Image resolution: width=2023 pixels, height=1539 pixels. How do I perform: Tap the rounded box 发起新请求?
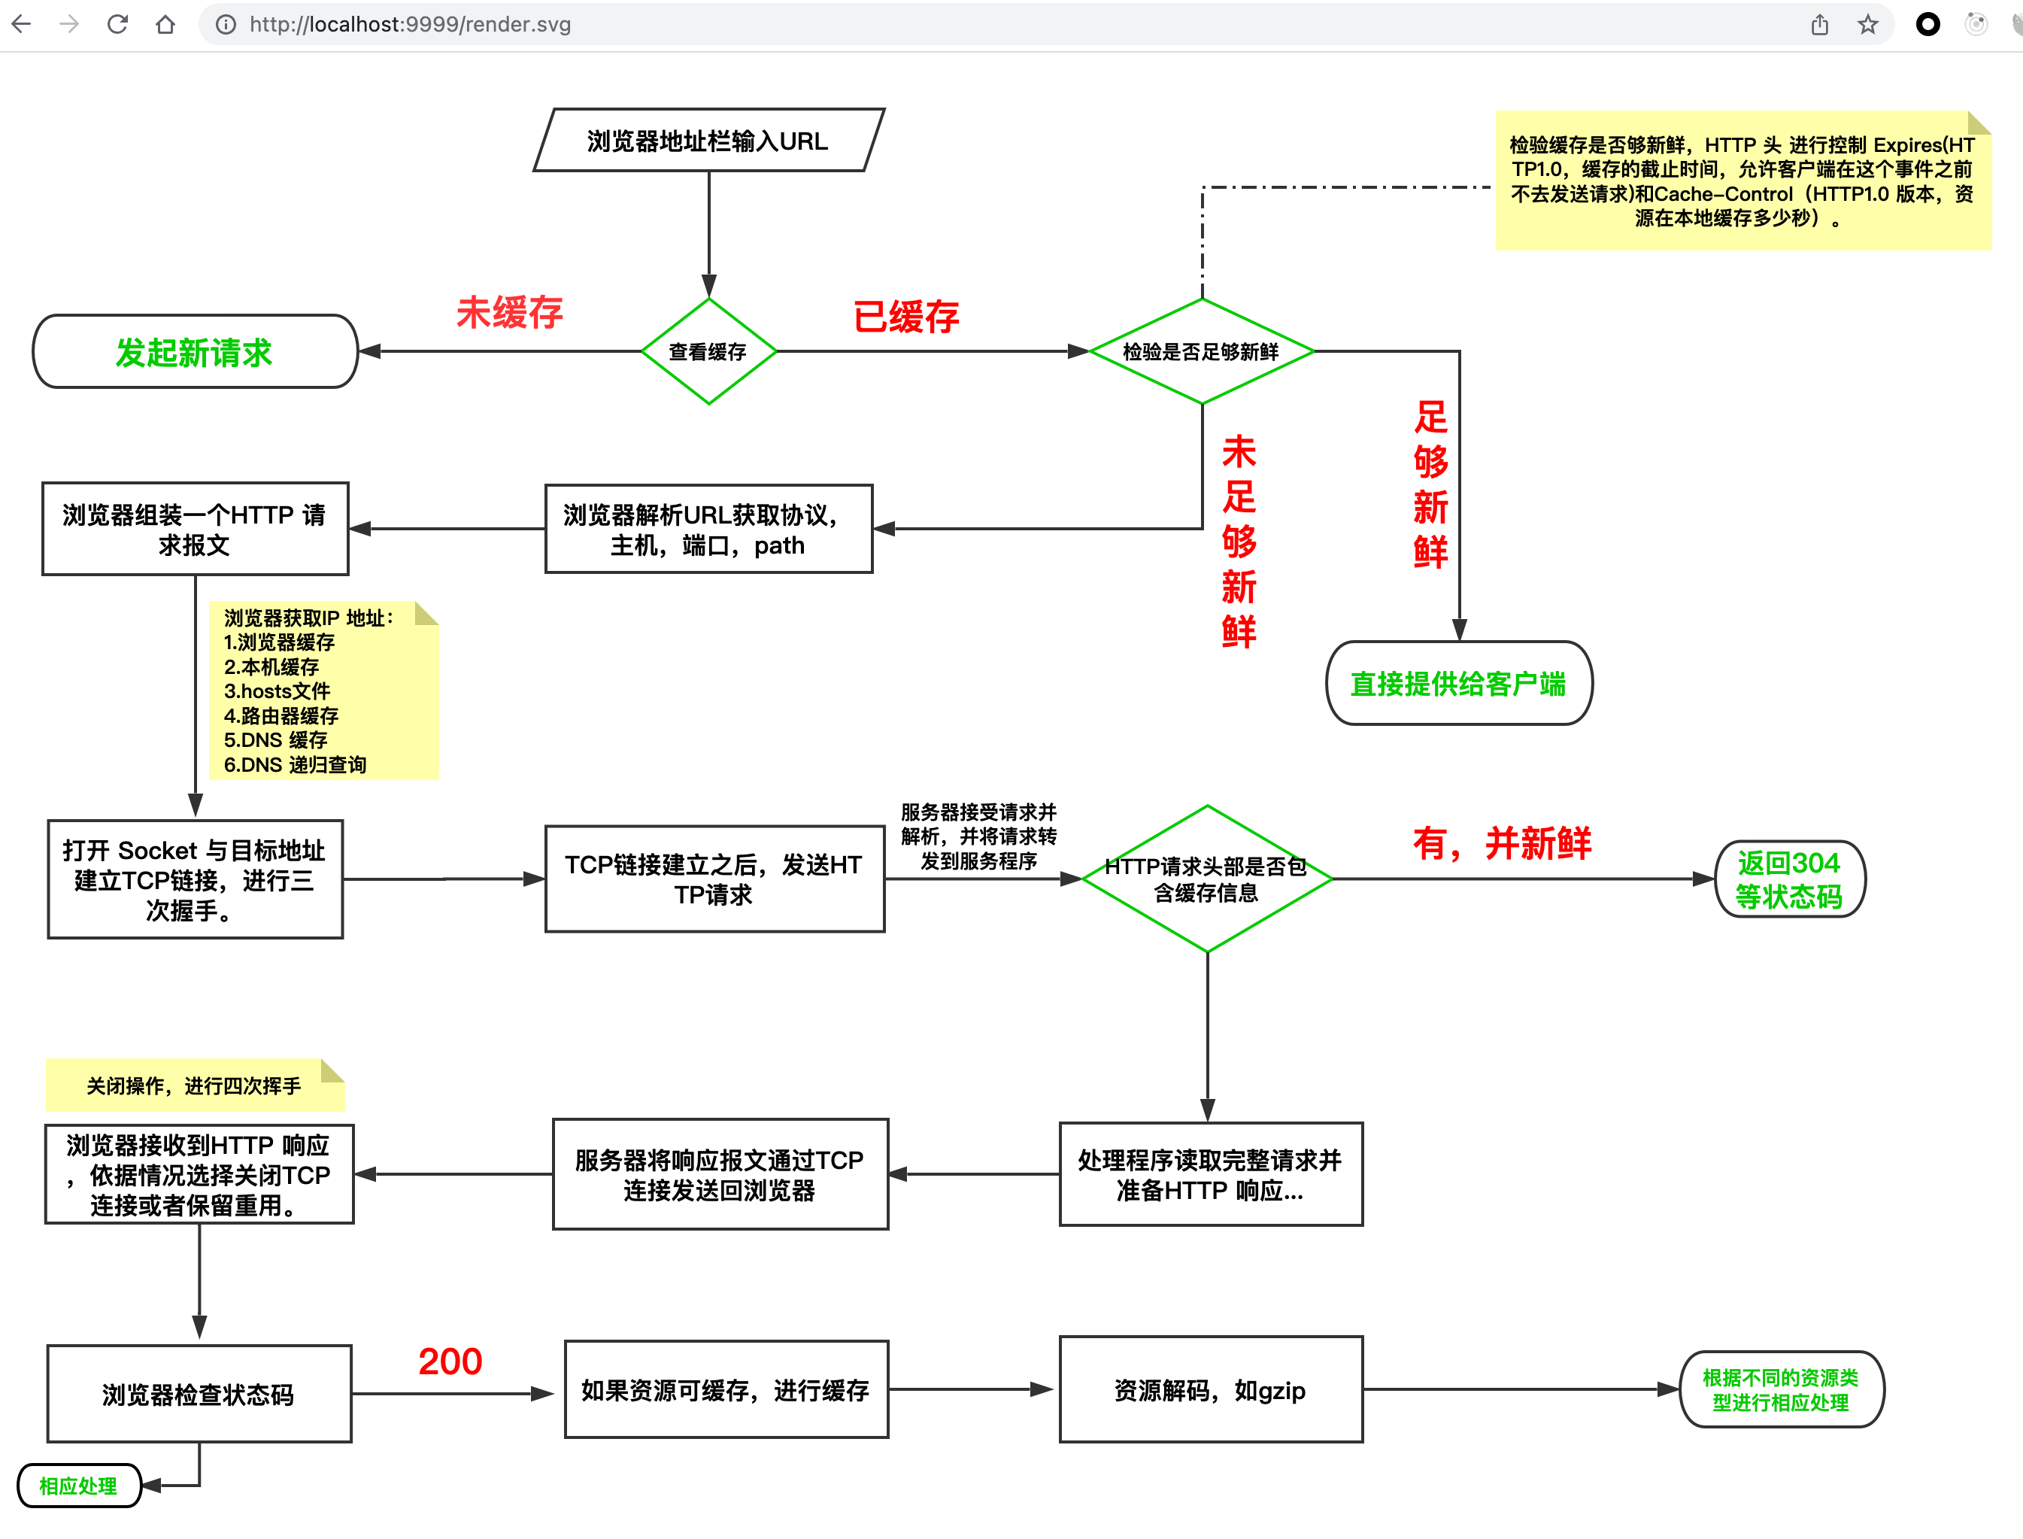pyautogui.click(x=194, y=352)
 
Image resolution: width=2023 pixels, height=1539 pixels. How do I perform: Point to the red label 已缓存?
pyautogui.click(x=905, y=317)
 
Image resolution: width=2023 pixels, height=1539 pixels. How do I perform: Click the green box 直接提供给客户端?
pyautogui.click(x=1458, y=684)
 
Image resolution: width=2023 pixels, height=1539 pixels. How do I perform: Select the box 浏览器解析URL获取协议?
pyautogui.click(x=708, y=530)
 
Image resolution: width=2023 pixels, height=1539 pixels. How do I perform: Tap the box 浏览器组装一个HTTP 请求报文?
pyautogui.click(x=194, y=530)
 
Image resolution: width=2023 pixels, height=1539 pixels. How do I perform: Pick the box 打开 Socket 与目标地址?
pyautogui.click(x=194, y=879)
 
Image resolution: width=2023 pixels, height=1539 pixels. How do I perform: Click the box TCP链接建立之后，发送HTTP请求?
pyautogui.click(x=714, y=879)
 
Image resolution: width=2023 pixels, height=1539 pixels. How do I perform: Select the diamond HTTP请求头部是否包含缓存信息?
pyautogui.click(x=1206, y=879)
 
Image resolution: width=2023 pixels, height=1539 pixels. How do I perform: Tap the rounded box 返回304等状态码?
pyautogui.click(x=1788, y=879)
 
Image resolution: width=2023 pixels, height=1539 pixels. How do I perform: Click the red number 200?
pyautogui.click(x=450, y=1361)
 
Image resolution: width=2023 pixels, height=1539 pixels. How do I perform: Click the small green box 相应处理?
pyautogui.click(x=79, y=1485)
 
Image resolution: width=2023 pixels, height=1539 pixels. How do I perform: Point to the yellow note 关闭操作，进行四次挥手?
pyautogui.click(x=193, y=1085)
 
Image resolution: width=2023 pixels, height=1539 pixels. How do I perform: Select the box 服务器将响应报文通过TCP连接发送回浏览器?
pyautogui.click(x=720, y=1174)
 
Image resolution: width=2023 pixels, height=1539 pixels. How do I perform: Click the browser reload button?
pyautogui.click(x=117, y=25)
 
